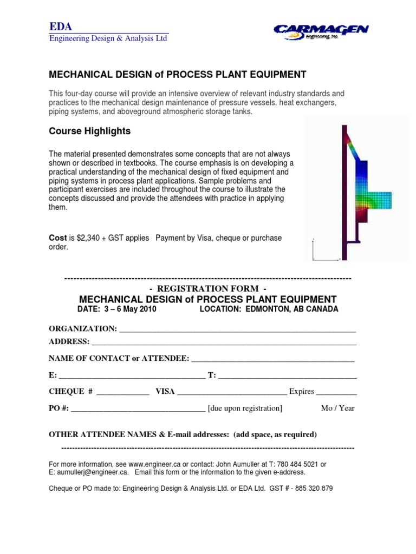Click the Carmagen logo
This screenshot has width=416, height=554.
[321, 32]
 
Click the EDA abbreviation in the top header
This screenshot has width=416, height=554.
[60, 27]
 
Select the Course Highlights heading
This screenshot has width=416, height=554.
[89, 131]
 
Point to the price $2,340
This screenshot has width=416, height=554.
[91, 238]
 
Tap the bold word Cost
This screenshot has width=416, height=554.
[57, 238]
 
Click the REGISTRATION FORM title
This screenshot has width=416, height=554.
[207, 288]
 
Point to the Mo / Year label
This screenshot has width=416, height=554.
[337, 408]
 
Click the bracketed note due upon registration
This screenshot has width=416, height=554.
[245, 408]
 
